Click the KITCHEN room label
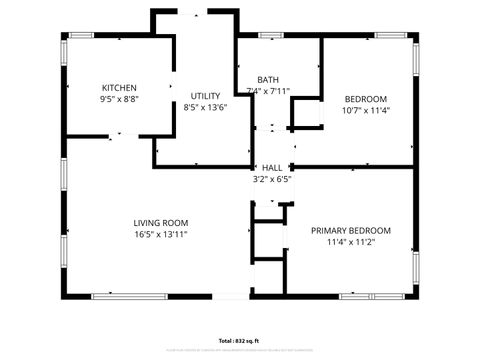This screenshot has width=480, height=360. coord(119,88)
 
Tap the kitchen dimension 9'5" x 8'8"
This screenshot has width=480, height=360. coord(119,100)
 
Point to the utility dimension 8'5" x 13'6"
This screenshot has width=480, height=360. coord(205,107)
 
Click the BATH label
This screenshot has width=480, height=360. coord(268,80)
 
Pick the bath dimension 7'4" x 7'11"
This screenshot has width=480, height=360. coord(268,92)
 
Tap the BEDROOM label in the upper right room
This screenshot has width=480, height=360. coord(365,98)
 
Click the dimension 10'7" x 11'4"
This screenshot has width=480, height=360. coord(365,110)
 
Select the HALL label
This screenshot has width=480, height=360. coord(271,168)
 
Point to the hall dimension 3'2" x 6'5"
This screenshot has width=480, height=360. coord(271,180)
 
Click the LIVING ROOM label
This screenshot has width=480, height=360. coord(161,222)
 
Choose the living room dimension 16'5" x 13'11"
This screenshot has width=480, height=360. coord(161,234)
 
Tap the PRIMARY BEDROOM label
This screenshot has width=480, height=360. coord(350,230)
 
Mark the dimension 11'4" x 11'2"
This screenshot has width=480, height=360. coord(350,242)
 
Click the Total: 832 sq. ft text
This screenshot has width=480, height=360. coord(240,340)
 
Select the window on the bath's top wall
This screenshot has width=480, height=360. coord(270,37)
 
